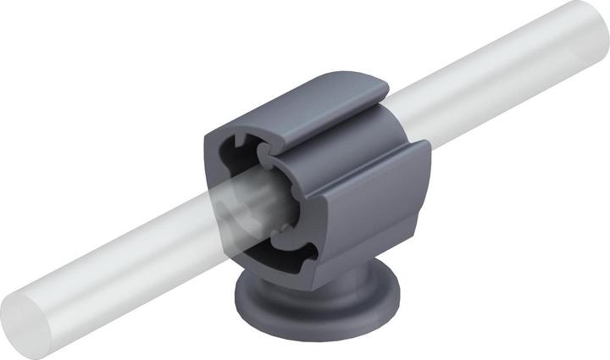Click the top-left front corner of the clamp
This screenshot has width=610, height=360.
[212, 136]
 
